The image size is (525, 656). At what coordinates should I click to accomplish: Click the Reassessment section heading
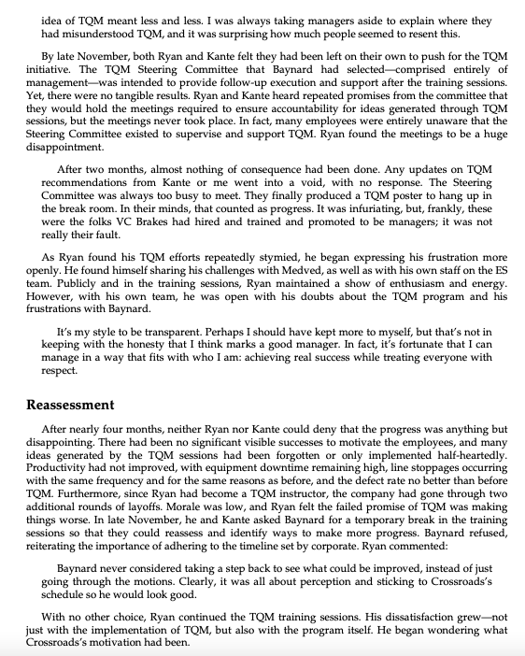pos(71,406)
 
